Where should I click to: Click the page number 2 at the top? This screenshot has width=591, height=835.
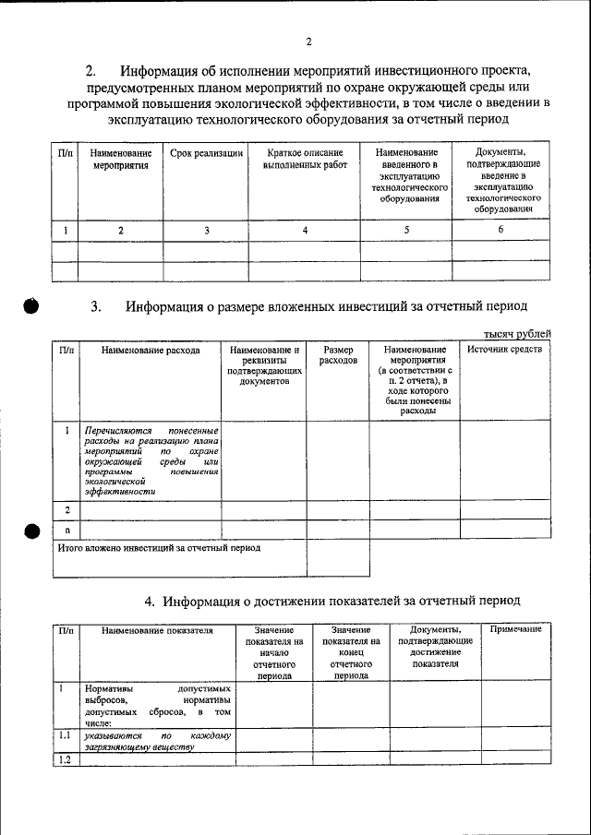point(309,42)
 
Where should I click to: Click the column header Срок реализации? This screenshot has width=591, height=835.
point(207,152)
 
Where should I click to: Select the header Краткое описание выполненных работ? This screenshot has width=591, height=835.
point(304,159)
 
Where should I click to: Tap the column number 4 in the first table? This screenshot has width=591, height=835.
point(304,231)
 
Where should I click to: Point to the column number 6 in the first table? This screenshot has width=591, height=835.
point(500,231)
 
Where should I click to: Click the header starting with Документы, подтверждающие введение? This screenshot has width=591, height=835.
point(501,180)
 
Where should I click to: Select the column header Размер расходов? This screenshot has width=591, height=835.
point(337,355)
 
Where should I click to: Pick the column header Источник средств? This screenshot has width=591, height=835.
point(504,350)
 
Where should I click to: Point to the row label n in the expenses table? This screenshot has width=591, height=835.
point(66,530)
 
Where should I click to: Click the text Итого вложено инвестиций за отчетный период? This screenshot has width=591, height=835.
point(159,548)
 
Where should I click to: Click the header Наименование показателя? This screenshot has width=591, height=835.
point(158,630)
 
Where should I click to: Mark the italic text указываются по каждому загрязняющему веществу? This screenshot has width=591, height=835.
point(157,743)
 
